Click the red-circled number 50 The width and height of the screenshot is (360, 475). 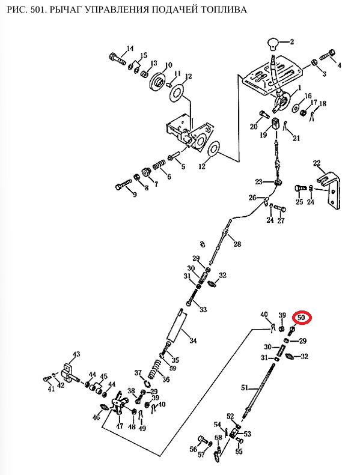click(301, 318)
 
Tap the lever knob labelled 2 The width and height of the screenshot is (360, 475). click(273, 44)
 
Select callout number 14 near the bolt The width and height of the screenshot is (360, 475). click(130, 49)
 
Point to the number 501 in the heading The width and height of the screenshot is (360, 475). click(38, 10)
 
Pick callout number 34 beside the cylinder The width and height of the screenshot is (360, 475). click(193, 340)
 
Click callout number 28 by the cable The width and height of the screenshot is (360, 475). click(237, 243)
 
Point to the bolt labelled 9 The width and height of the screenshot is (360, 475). click(123, 184)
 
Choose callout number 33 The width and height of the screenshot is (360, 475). click(203, 309)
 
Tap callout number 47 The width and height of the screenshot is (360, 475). click(120, 426)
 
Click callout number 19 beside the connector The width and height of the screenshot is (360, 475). click(263, 135)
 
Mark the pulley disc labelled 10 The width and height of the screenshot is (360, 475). click(158, 81)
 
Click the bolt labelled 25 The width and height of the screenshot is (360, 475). click(299, 189)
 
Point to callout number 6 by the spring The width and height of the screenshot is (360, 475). click(169, 177)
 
